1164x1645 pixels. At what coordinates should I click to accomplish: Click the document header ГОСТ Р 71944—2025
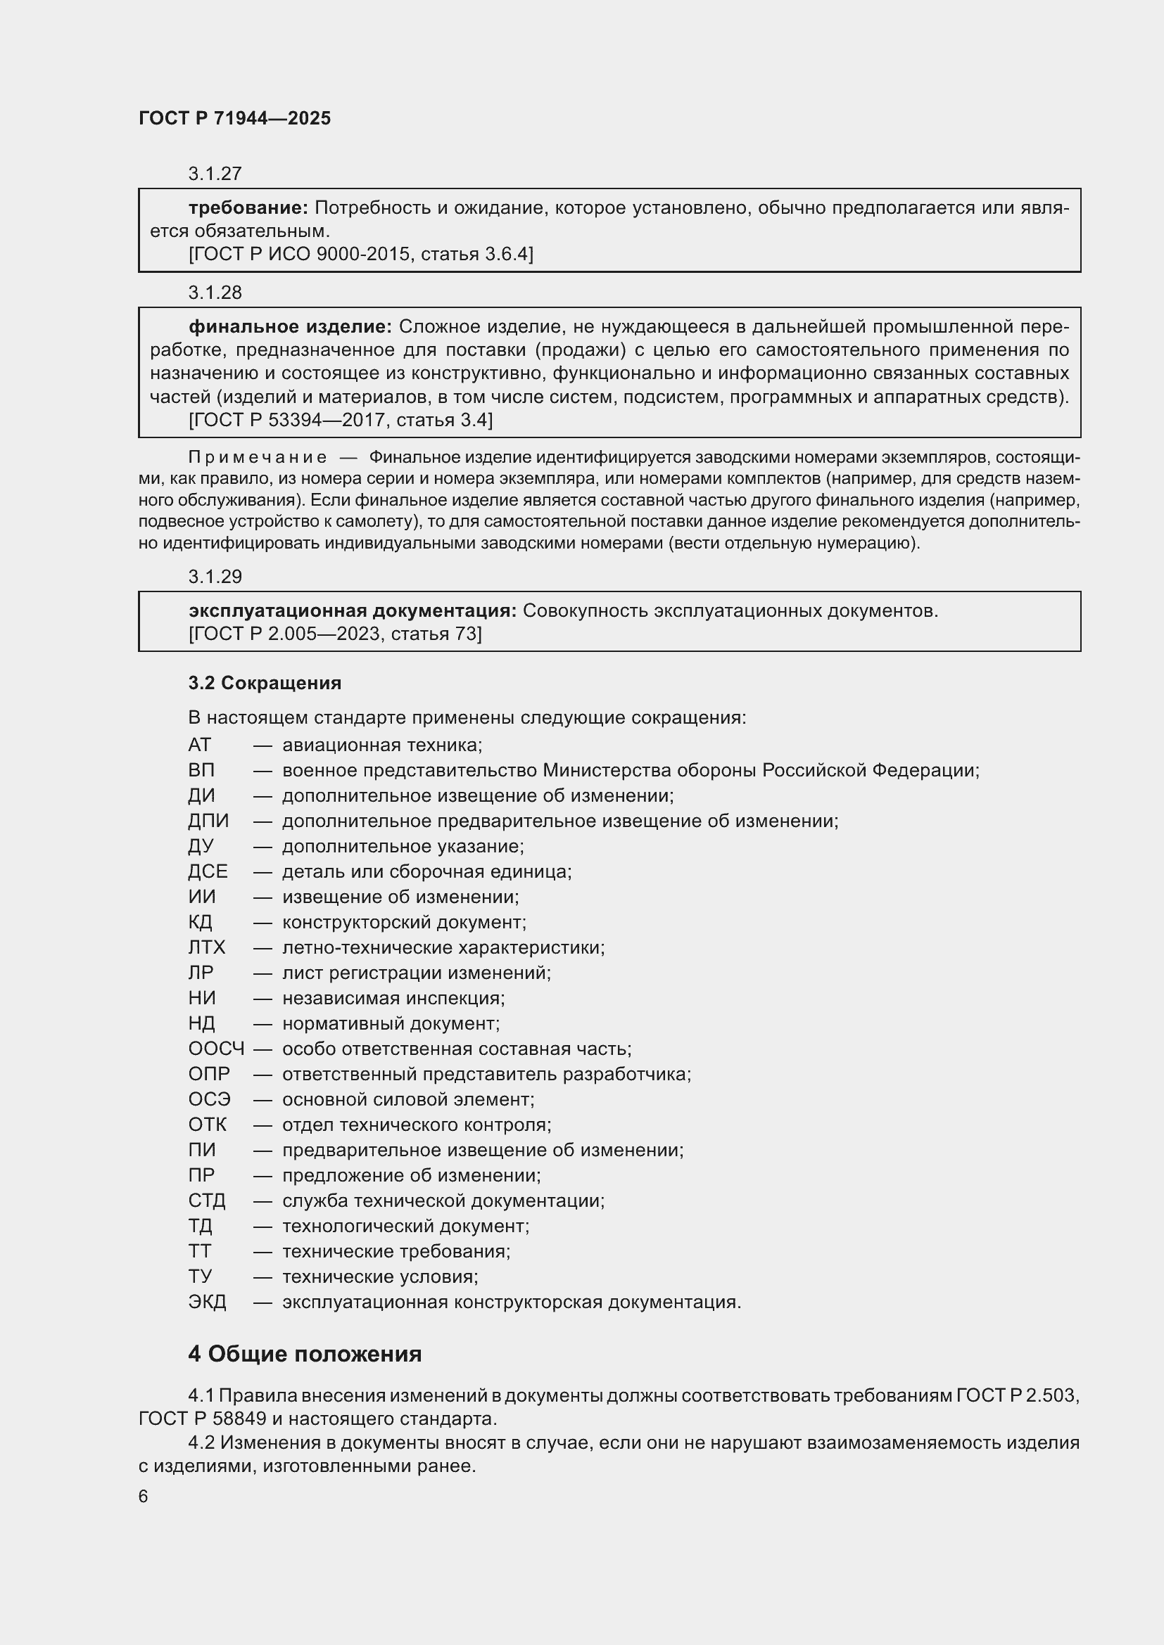[234, 118]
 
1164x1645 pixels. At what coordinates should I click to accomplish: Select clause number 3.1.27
[215, 174]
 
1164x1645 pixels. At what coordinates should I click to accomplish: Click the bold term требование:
[248, 207]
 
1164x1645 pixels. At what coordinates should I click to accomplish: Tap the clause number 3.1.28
[215, 293]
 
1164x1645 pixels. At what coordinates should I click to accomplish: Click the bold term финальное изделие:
[289, 327]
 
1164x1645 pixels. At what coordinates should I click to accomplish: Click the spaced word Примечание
[258, 457]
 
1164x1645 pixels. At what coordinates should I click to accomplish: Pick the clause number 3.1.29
[215, 576]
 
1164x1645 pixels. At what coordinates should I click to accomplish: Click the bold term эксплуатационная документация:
[352, 610]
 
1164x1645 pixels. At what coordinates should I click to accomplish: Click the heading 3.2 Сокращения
[265, 683]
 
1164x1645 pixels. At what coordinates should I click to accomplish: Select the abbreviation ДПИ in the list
[208, 821]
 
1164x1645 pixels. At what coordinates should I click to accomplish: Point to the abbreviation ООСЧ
[216, 1049]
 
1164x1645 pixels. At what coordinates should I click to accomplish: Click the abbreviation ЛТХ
[206, 947]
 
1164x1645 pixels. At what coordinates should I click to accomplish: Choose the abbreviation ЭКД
[207, 1302]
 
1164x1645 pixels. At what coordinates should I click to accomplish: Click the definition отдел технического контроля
[416, 1125]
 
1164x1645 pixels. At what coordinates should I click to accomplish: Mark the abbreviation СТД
[206, 1201]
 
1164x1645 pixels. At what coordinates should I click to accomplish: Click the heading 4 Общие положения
[305, 1354]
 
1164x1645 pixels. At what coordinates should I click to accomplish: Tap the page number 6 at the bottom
[144, 1497]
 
